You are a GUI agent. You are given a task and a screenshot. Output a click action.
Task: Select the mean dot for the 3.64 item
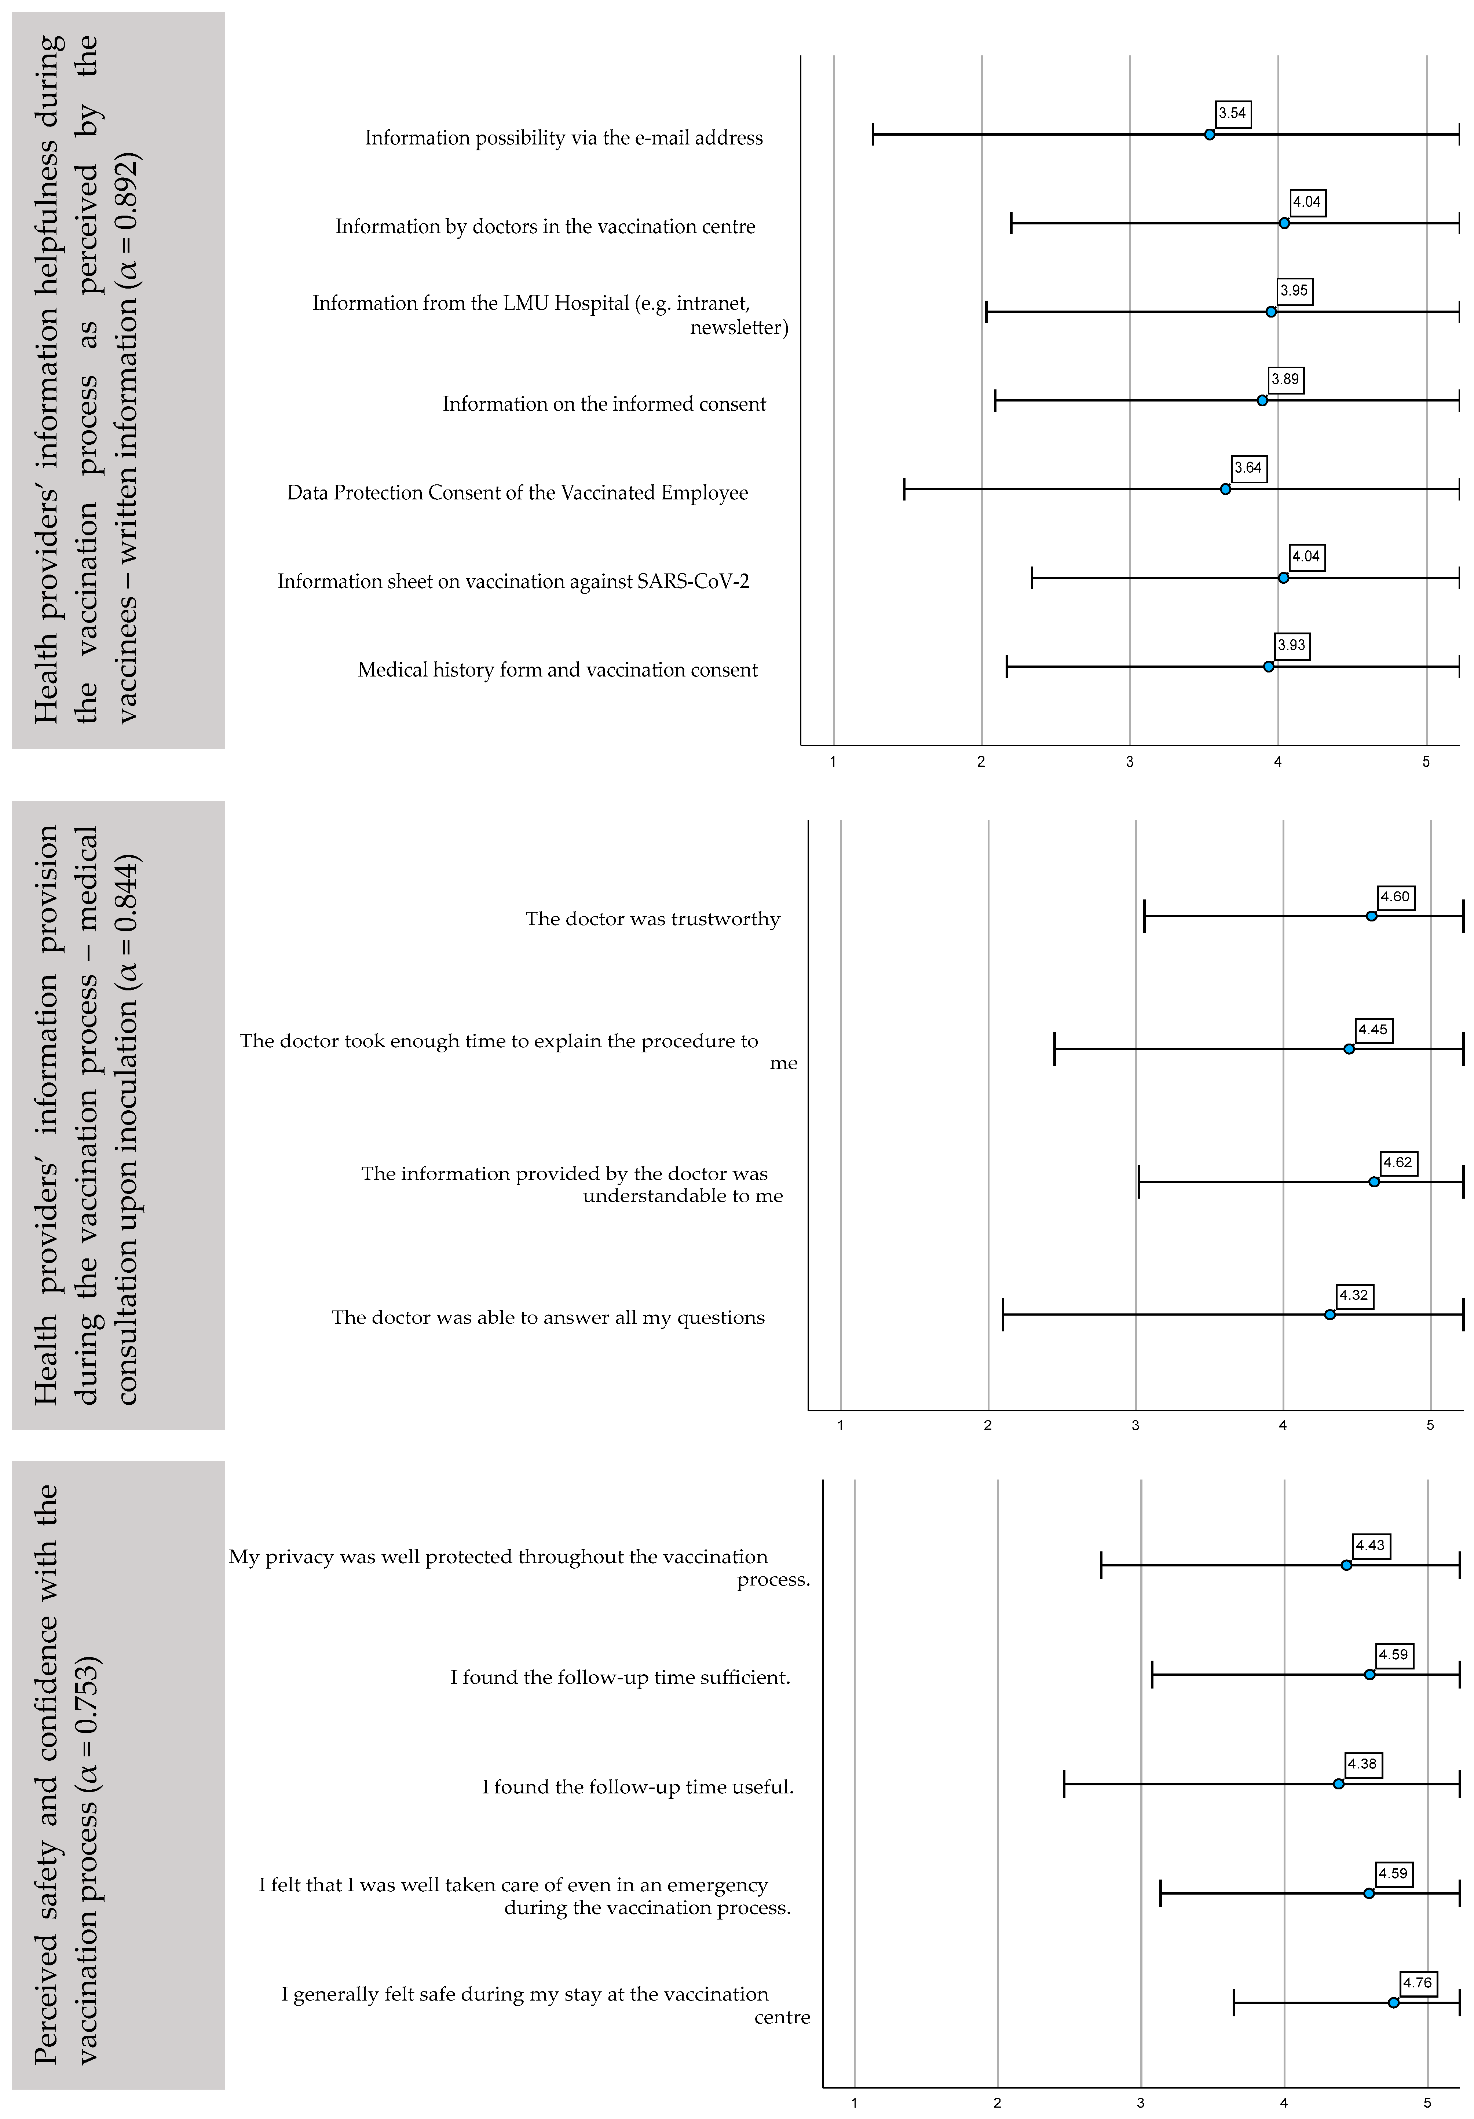click(x=1225, y=489)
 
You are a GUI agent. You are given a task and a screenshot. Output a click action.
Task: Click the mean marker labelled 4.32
click(x=1329, y=1314)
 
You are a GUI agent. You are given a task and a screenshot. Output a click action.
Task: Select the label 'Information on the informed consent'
click(x=604, y=404)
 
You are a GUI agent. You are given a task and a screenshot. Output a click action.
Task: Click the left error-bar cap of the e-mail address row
click(x=872, y=135)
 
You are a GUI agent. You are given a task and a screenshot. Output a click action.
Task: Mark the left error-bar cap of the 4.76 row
click(x=1234, y=2003)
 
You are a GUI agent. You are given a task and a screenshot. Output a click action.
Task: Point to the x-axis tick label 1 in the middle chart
click(x=840, y=1425)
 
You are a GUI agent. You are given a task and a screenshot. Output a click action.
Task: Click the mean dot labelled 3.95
click(x=1271, y=312)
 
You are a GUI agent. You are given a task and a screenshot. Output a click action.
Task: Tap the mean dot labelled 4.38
click(x=1338, y=1784)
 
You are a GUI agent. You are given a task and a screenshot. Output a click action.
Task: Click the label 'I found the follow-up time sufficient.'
click(x=620, y=1677)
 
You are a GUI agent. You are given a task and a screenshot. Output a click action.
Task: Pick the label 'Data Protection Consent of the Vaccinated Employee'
click(x=517, y=493)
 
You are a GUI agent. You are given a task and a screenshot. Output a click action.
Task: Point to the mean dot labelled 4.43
click(x=1346, y=1565)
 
